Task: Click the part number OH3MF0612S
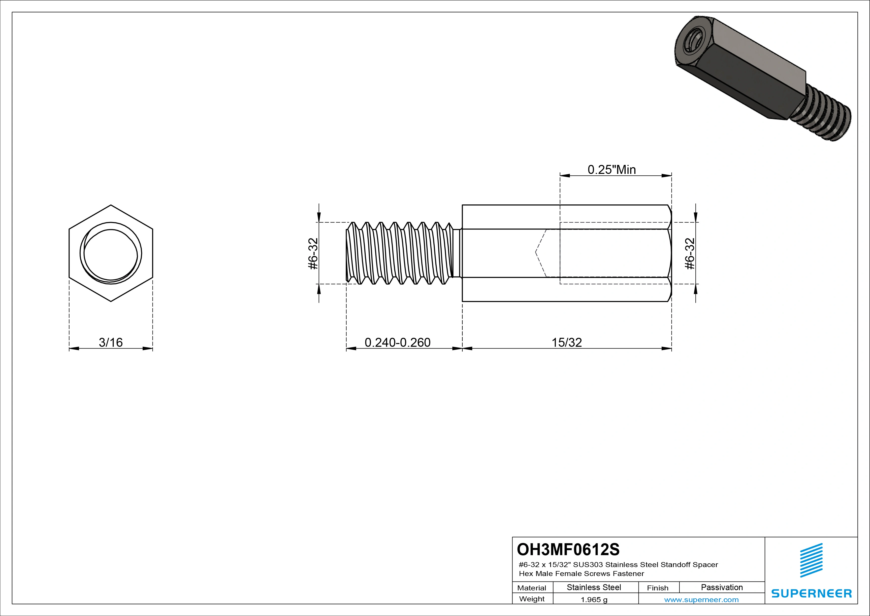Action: click(568, 549)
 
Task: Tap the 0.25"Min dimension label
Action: click(612, 170)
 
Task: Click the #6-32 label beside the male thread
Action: click(313, 253)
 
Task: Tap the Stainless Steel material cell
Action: click(594, 587)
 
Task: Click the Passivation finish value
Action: click(721, 587)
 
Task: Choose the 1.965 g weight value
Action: click(594, 600)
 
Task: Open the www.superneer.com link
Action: click(701, 600)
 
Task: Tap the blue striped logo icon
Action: click(811, 560)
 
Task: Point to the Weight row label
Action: click(532, 599)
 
